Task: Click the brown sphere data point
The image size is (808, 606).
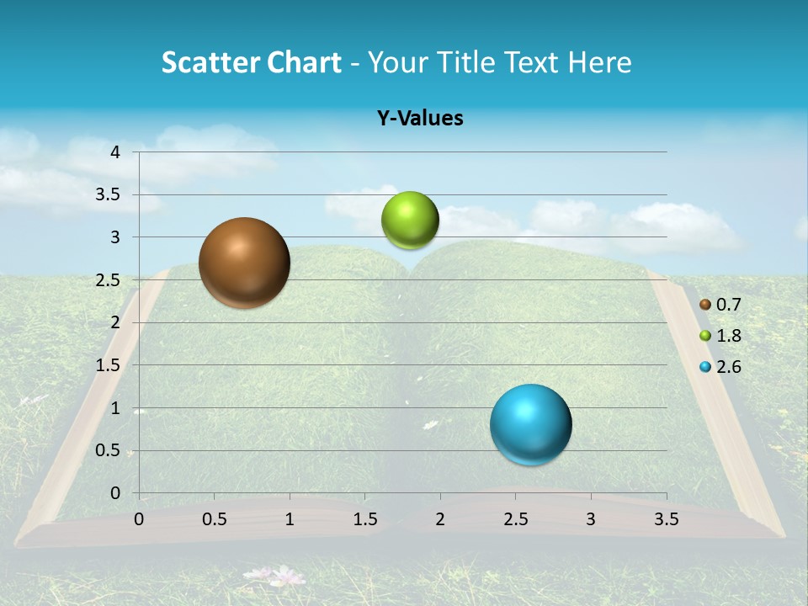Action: (x=244, y=263)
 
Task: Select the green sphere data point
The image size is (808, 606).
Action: (x=410, y=220)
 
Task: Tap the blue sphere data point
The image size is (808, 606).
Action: (x=530, y=424)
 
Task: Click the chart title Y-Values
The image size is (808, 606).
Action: (x=420, y=119)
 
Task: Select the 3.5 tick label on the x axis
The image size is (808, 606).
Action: (x=666, y=519)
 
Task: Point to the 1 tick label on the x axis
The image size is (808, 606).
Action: (x=290, y=519)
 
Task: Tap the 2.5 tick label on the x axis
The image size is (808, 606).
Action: (x=515, y=519)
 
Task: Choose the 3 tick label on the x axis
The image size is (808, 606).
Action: (x=591, y=519)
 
